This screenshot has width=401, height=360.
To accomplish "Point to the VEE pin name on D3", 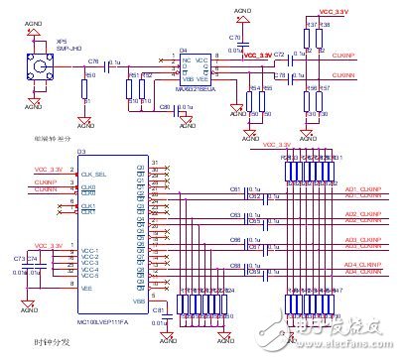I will pyautogui.click(x=88, y=286).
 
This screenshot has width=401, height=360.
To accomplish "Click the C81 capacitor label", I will pyautogui.click(x=158, y=308).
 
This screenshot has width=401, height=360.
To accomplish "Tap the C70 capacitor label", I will pyautogui.click(x=235, y=37).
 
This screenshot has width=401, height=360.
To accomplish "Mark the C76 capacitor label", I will pyautogui.click(x=93, y=61).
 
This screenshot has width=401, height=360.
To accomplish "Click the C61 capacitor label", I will pyautogui.click(x=235, y=188).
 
